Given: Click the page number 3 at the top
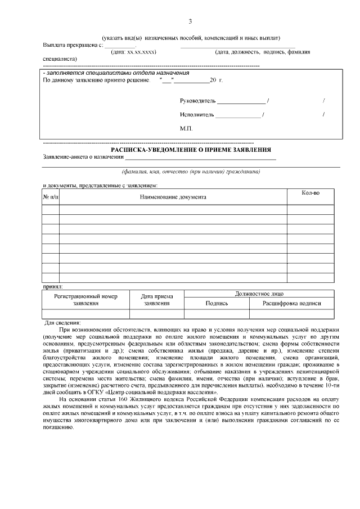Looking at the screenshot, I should point(190,22).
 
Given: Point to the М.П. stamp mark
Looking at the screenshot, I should point(186,129).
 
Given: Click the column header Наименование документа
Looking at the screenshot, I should point(173,197).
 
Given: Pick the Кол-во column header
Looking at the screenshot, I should point(310,193).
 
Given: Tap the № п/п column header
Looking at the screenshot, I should point(51,197).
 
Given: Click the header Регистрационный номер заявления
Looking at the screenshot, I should point(85,300).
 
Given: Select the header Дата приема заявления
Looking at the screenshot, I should point(157,300).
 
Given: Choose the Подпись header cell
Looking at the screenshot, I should point(217,303).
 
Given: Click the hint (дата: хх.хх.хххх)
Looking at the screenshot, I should point(133,52).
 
